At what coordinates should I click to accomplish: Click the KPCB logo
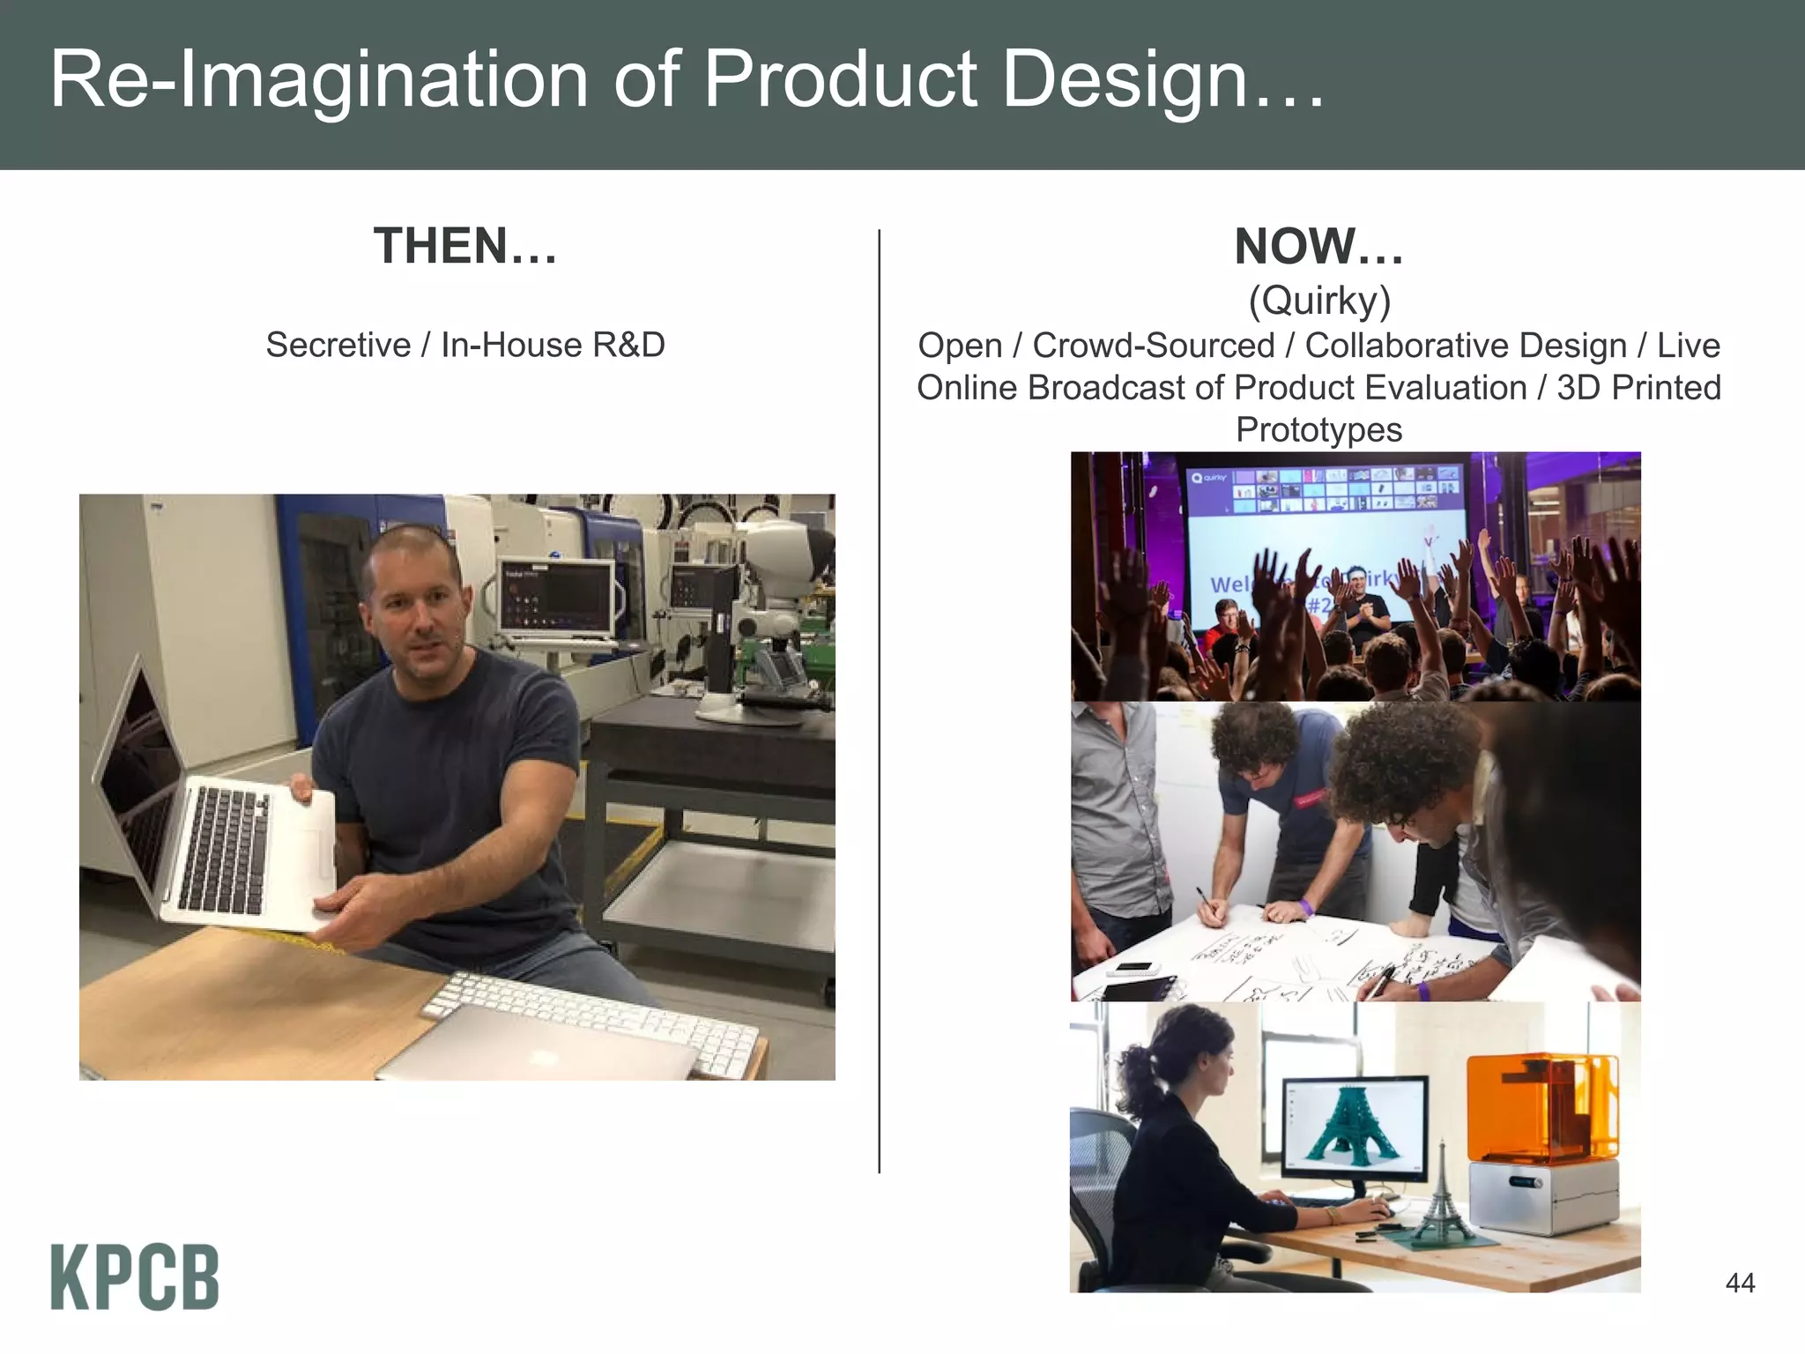pos(134,1276)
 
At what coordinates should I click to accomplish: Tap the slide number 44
pos(1740,1283)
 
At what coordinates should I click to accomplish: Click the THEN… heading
pos(465,246)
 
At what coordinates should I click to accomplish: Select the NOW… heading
pos(1318,247)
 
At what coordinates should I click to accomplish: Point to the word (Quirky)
pos(1319,301)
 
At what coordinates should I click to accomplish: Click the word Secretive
pos(338,345)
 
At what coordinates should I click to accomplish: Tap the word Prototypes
pos(1318,430)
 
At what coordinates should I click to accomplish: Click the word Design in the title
pos(1125,79)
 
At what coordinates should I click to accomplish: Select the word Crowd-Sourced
pos(1153,346)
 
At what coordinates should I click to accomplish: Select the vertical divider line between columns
pos(879,701)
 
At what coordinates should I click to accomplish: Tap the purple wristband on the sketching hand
pos(1305,906)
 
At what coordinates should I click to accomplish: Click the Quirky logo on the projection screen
pos(1208,477)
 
